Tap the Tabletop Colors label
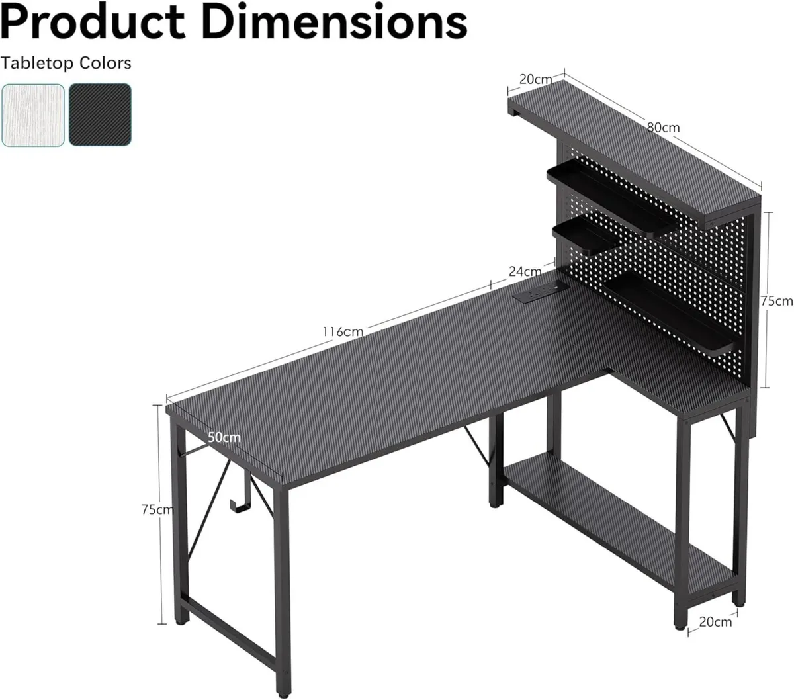(66, 63)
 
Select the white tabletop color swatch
(33, 114)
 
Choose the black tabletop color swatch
(100, 114)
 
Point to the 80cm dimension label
(663, 127)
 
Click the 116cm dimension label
(342, 331)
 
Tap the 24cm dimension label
(525, 271)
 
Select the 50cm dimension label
(224, 437)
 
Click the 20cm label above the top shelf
(535, 79)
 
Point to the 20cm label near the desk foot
(715, 622)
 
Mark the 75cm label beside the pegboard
(776, 301)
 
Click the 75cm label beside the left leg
(157, 509)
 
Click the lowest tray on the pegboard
(668, 311)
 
